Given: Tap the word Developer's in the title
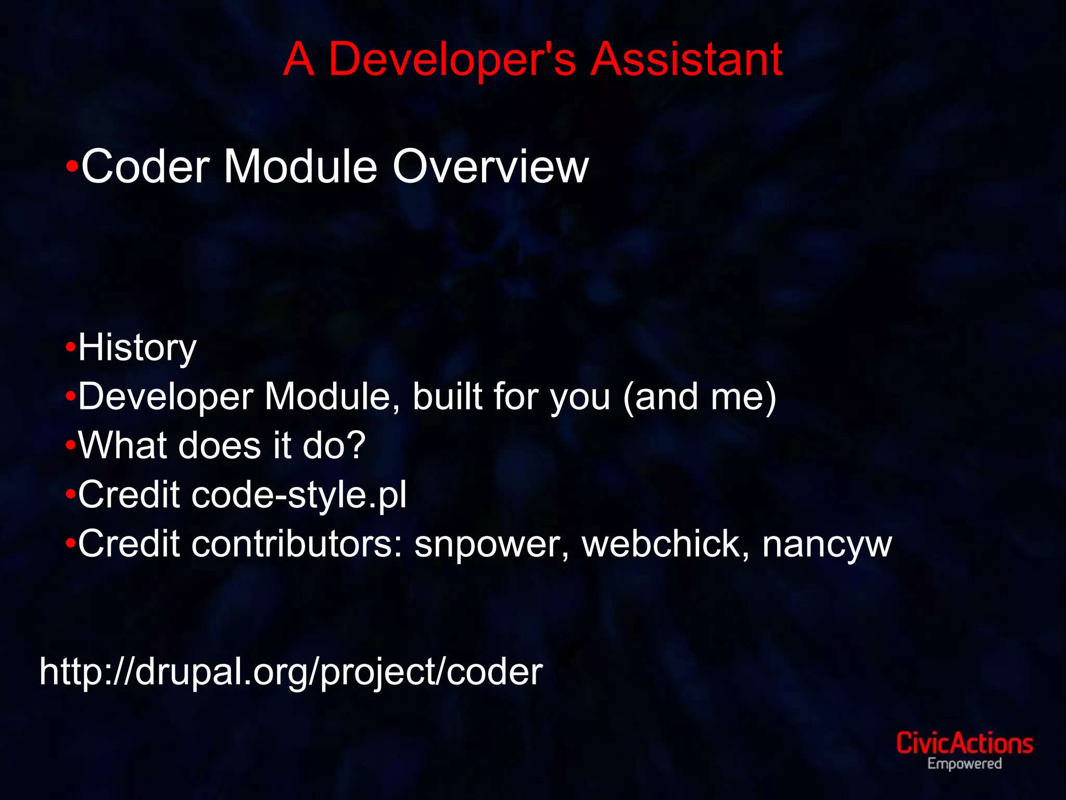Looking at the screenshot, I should coord(452,59).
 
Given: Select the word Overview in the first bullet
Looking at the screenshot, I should coord(490,167).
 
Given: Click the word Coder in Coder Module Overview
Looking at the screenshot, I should coord(145,167).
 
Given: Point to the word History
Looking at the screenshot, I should coord(137,348).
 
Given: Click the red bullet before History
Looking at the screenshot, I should coord(71,347).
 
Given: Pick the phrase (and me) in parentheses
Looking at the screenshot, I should coord(700,397).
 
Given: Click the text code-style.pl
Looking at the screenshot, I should coord(299,495).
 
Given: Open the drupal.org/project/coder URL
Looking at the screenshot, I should coord(291,672).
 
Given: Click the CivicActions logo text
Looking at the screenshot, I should coord(964,743).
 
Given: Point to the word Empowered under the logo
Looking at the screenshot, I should coord(964,764).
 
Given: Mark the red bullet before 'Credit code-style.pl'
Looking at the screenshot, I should coord(71,494).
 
